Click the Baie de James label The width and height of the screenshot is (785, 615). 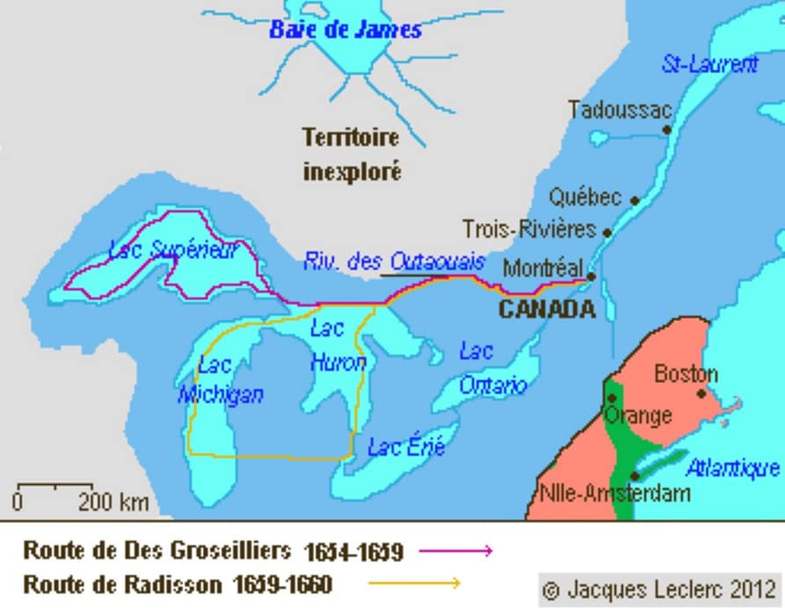345,30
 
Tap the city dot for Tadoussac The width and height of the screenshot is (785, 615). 667,129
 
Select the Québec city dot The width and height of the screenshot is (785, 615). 636,200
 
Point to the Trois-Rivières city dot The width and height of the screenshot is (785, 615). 607,232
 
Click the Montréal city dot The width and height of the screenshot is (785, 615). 592,276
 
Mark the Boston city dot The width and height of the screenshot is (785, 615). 701,393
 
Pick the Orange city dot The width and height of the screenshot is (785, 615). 611,398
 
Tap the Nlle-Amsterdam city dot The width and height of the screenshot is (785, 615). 635,474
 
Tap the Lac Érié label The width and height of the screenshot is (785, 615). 406,447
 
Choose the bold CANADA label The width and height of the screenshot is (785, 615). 546,309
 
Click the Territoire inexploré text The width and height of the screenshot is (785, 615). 351,154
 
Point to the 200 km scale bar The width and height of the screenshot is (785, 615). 55,486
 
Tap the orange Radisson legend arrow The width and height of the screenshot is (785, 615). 414,582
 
